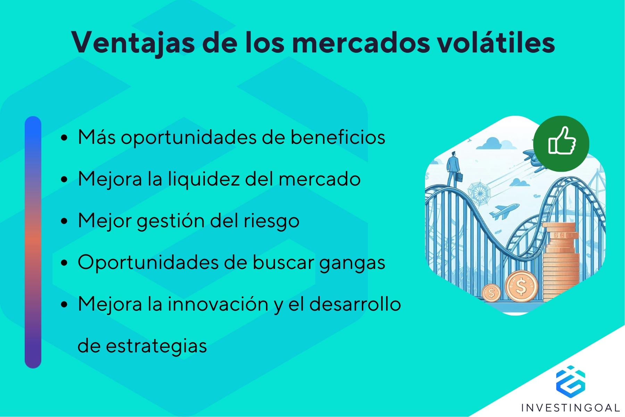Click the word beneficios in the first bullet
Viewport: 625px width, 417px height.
(337, 137)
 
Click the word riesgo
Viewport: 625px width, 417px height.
(271, 221)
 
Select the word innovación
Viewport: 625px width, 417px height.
(218, 304)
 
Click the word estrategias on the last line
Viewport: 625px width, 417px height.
(156, 346)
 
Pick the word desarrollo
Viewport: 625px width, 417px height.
(355, 304)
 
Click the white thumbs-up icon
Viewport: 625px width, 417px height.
(561, 141)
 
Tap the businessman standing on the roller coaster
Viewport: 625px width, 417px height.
(452, 168)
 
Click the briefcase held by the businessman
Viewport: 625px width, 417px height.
(459, 177)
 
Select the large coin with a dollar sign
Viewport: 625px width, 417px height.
(521, 287)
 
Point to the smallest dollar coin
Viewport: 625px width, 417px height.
(491, 293)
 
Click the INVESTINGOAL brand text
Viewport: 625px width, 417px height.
(570, 408)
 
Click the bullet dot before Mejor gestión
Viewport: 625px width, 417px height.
(64, 221)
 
